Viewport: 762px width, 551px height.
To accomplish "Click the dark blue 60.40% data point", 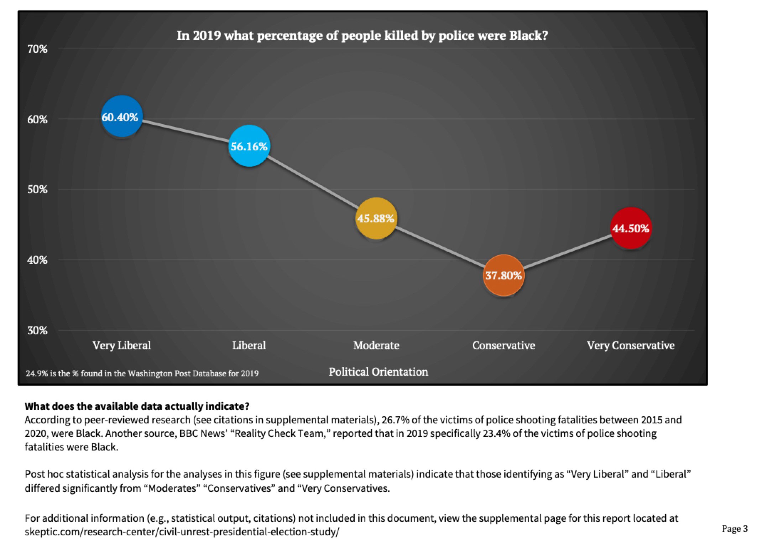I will [x=122, y=117].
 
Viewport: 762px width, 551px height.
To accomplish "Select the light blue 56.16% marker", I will [x=249, y=146].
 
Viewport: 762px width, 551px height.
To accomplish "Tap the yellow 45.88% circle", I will [x=376, y=218].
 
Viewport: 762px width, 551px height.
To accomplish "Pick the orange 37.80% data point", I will [x=503, y=275].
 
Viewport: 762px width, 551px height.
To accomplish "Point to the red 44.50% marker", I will [x=631, y=228].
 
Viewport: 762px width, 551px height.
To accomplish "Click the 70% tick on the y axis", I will [x=37, y=49].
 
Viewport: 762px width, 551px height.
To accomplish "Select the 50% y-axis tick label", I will [x=37, y=189].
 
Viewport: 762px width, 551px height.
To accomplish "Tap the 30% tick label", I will [x=37, y=330].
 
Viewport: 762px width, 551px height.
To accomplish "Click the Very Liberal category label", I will [x=122, y=345].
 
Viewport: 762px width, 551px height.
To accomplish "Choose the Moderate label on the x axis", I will [x=376, y=345].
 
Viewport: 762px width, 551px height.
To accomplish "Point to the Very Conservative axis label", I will [x=631, y=345].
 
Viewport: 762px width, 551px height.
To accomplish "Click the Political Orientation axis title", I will [x=378, y=372].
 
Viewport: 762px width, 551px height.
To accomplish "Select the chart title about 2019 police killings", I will [x=362, y=36].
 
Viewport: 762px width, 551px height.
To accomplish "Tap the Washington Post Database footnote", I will [x=142, y=374].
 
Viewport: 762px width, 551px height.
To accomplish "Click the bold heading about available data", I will [x=137, y=406].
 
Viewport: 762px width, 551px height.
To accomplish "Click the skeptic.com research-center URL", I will [x=182, y=532].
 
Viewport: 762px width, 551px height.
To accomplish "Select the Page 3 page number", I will [x=735, y=529].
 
